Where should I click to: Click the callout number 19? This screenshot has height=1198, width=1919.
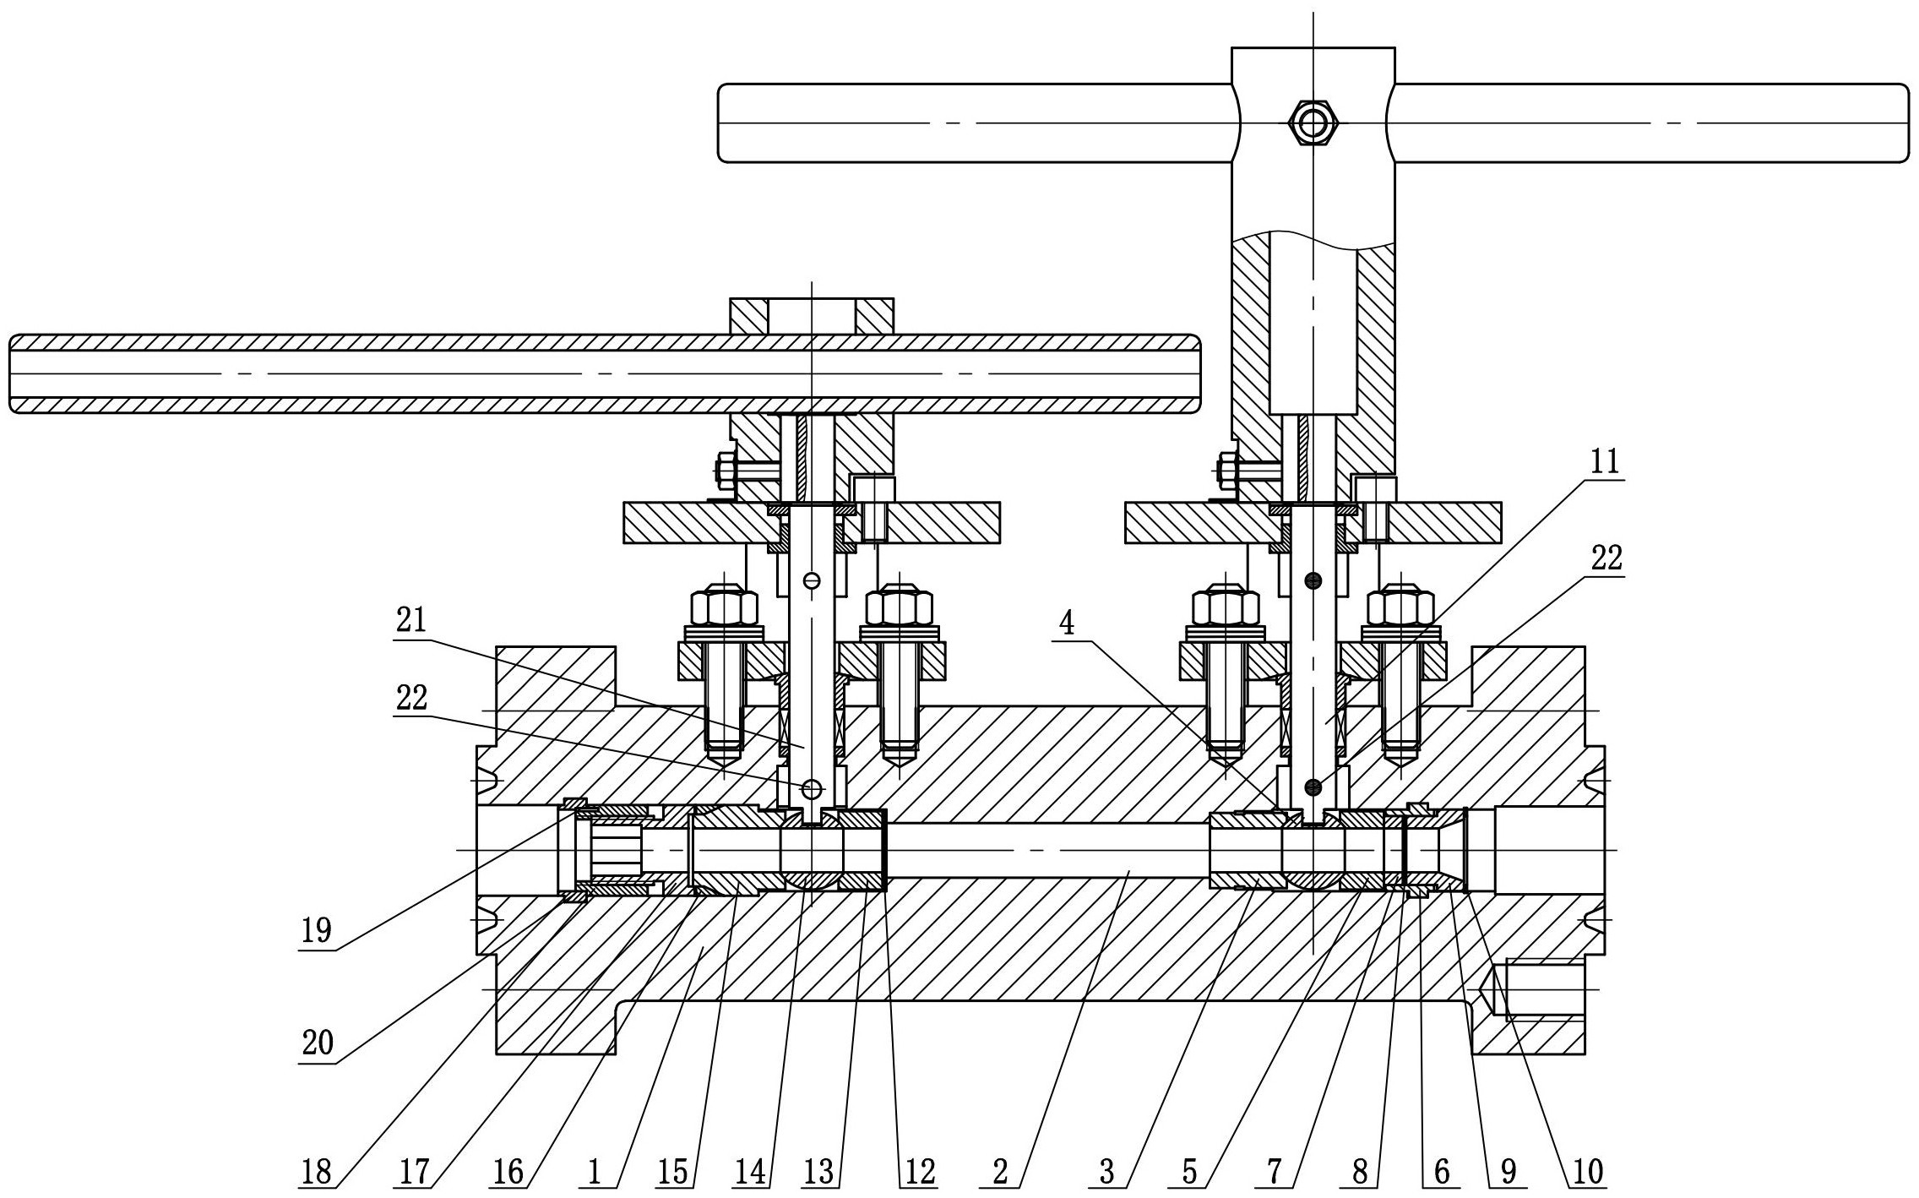[x=316, y=932]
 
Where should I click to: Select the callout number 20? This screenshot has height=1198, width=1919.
[x=318, y=1044]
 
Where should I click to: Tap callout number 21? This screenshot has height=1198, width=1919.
[x=410, y=621]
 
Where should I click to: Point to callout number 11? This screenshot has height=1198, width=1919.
[x=1605, y=461]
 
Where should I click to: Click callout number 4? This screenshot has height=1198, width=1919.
[x=1067, y=624]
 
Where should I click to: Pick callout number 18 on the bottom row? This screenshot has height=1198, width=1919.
[x=316, y=1173]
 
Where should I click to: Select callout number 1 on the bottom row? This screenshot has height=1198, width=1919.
[x=594, y=1173]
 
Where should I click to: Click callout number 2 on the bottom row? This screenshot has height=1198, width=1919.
[x=1000, y=1173]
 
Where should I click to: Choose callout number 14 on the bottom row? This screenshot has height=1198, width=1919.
[x=750, y=1173]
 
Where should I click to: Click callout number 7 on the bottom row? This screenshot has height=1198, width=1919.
[x=1274, y=1173]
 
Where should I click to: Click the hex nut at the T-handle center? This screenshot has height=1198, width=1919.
[x=1313, y=123]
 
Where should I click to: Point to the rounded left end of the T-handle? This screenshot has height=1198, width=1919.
[x=725, y=123]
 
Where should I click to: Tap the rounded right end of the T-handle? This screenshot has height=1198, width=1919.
[x=1900, y=123]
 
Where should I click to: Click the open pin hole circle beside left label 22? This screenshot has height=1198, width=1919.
[x=812, y=789]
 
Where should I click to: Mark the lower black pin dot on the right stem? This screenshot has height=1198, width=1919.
[x=1313, y=787]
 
